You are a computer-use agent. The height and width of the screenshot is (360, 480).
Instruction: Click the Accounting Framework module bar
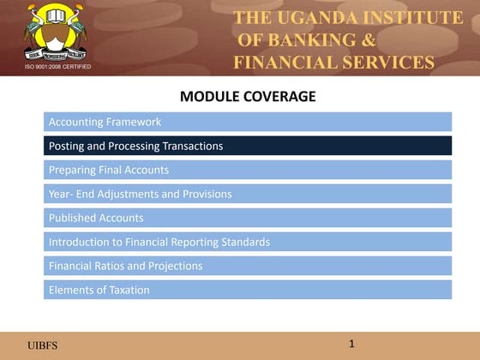[x=247, y=122]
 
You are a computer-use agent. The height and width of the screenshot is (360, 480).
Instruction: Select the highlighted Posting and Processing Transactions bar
[x=247, y=146]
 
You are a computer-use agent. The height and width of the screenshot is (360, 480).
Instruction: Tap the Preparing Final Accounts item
[x=247, y=170]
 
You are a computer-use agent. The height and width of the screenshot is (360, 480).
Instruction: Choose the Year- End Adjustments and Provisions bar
[x=247, y=194]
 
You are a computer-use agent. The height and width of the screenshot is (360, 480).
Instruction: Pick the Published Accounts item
[x=247, y=218]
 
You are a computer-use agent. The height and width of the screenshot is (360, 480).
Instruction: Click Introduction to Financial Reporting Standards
[x=247, y=242]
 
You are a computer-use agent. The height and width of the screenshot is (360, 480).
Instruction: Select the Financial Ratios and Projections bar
[x=247, y=266]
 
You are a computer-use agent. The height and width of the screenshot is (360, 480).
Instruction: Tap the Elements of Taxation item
[x=247, y=290]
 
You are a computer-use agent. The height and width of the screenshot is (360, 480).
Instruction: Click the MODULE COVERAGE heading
[x=248, y=96]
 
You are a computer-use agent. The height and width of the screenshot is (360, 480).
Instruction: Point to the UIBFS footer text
[x=43, y=345]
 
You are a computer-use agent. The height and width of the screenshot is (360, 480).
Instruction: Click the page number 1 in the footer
[x=351, y=344]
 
